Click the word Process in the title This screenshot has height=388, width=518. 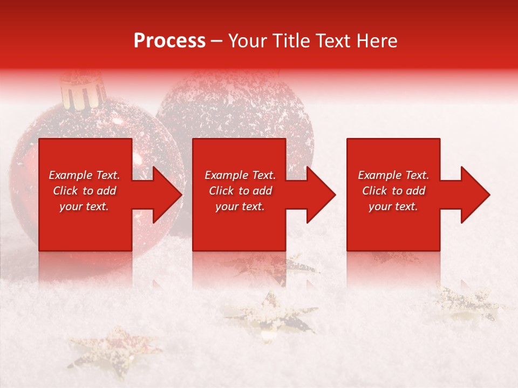click(169, 41)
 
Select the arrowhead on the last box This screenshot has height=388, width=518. click(474, 195)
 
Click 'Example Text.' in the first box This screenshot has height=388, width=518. click(84, 175)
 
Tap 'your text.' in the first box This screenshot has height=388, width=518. click(84, 206)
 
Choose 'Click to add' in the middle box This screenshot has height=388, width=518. click(240, 191)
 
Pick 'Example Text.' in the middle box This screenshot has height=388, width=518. click(240, 175)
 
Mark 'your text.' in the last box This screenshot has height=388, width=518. click(393, 206)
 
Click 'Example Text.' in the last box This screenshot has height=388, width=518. click(393, 175)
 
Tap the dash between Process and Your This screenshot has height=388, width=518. click(217, 41)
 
